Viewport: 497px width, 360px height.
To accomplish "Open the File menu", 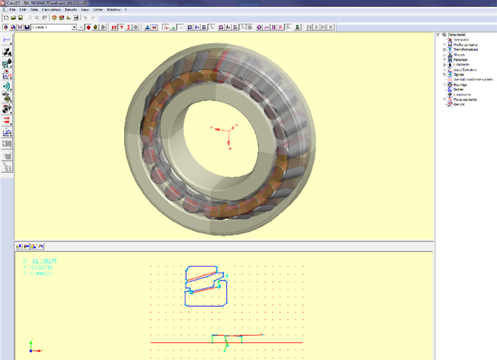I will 12,10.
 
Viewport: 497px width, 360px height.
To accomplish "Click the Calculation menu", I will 51,10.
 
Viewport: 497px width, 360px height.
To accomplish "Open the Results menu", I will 71,10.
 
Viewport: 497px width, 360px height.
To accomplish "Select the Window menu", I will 114,10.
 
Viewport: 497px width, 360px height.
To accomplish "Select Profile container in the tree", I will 464,45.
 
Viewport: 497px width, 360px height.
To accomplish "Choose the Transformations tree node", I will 465,50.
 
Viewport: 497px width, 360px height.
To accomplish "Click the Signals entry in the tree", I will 459,75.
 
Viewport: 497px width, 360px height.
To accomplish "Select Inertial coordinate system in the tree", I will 473,80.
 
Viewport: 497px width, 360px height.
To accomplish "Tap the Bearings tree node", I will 460,85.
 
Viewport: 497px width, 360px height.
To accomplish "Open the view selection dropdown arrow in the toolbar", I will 75,27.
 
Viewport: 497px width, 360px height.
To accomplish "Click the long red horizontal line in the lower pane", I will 180,343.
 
